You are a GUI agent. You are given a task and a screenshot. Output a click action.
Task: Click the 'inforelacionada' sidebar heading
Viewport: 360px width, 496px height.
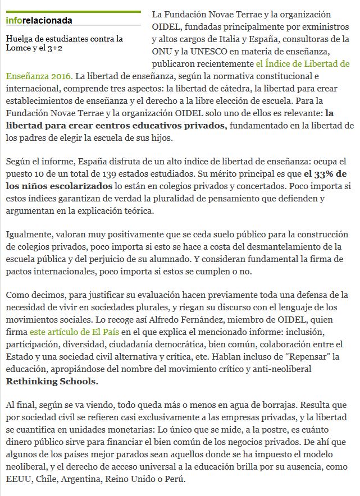point(39,21)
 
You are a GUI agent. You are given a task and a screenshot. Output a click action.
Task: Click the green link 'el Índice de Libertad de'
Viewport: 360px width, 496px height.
point(302,63)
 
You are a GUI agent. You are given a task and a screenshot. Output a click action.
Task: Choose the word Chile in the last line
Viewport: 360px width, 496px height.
point(48,479)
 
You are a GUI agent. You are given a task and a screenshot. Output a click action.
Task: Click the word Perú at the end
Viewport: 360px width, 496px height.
point(174,479)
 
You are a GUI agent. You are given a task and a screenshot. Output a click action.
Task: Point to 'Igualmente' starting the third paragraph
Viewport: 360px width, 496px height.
point(28,235)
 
